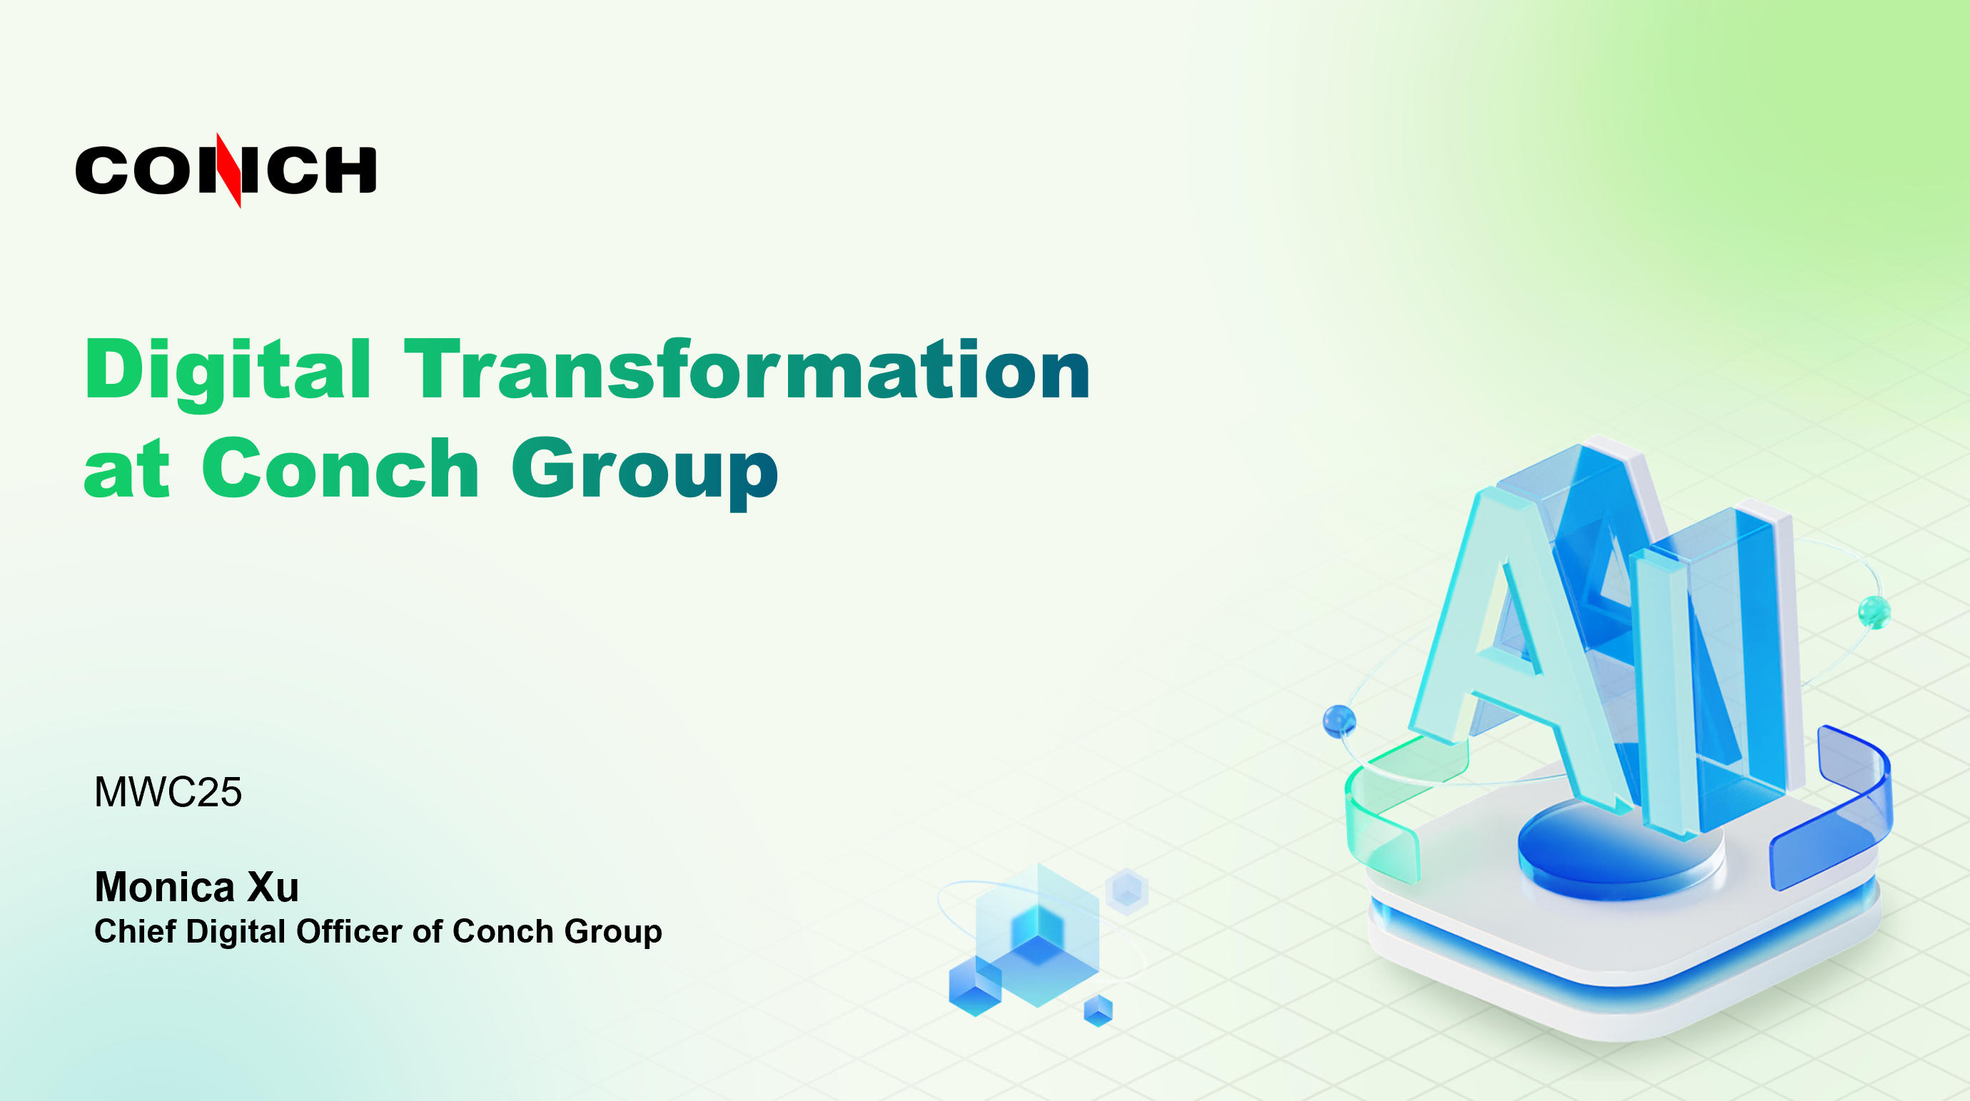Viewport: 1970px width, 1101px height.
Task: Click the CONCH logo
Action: click(226, 170)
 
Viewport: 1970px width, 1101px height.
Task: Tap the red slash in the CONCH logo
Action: click(228, 170)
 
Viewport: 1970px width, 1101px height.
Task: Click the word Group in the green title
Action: click(645, 472)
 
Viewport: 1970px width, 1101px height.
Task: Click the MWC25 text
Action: click(168, 792)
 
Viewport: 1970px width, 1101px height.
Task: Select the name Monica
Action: click(164, 887)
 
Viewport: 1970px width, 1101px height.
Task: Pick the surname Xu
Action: click(272, 887)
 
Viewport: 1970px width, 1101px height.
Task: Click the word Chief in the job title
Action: click(136, 931)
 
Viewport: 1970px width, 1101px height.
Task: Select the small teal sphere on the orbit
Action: click(1874, 612)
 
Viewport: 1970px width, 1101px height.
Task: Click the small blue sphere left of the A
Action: click(1339, 721)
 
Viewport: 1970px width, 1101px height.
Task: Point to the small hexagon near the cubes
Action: click(1127, 890)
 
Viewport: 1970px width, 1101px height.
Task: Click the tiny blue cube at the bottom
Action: click(1098, 1010)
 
